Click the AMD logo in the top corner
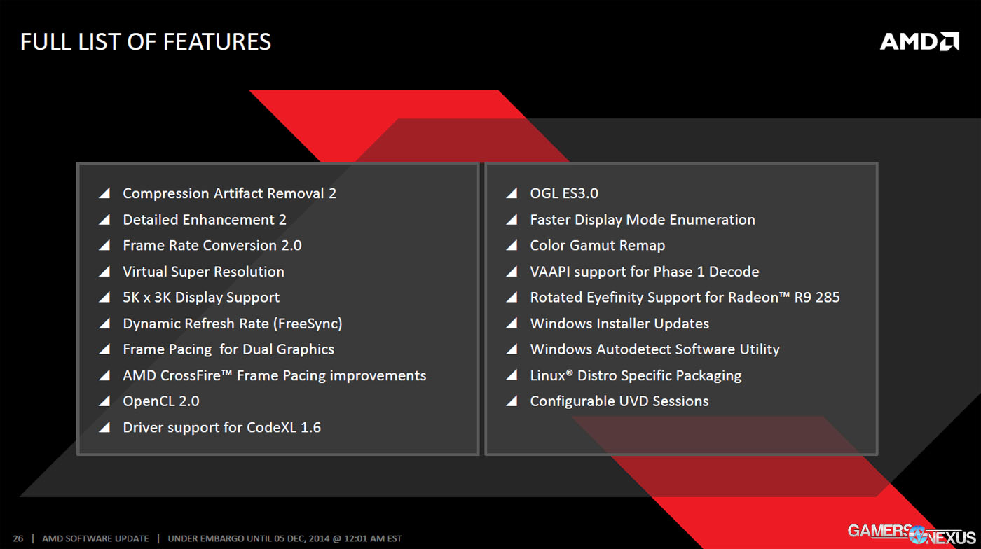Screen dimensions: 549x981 (x=919, y=41)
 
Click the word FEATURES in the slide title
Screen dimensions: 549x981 (x=217, y=42)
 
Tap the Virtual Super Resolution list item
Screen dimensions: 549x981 (x=203, y=272)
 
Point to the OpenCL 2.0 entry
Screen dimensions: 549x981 (x=160, y=401)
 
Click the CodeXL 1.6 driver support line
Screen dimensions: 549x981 (x=221, y=427)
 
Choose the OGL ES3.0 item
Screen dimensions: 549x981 (x=563, y=193)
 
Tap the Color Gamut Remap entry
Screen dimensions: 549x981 (x=597, y=246)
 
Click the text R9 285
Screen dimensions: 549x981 (x=817, y=298)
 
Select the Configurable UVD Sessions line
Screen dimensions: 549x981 (x=619, y=401)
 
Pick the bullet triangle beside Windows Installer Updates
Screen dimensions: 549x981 (x=512, y=324)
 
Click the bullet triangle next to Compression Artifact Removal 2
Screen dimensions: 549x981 (x=105, y=193)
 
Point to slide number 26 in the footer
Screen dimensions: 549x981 (x=18, y=538)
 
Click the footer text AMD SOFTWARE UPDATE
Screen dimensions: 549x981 (x=95, y=538)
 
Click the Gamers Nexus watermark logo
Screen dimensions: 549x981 (x=911, y=534)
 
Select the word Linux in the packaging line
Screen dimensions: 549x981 (x=547, y=375)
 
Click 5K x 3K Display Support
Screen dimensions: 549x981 (x=201, y=298)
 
